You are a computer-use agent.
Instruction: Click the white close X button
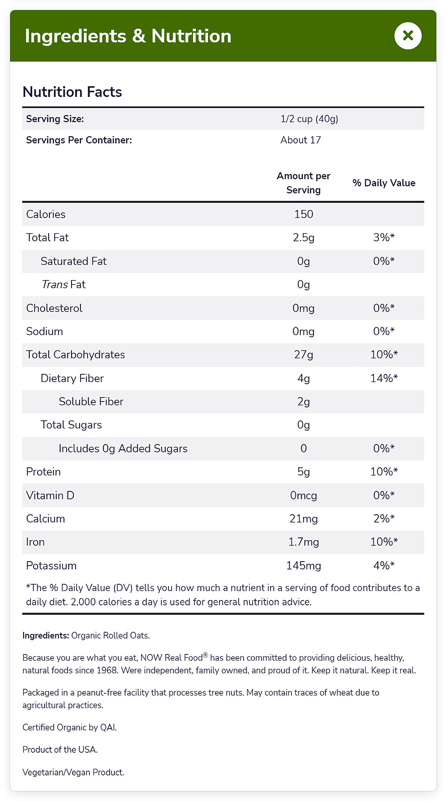point(408,36)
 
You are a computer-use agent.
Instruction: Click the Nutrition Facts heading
point(72,92)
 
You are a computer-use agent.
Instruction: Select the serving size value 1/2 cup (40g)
point(309,119)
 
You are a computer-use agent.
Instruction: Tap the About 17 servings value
point(300,140)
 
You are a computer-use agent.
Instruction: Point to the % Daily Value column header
point(384,183)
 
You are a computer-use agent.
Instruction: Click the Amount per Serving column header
point(304,183)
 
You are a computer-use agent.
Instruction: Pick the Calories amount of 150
point(304,214)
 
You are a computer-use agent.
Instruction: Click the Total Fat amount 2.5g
point(304,238)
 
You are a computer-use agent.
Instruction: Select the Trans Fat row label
point(63,285)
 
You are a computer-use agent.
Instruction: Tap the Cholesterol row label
point(54,308)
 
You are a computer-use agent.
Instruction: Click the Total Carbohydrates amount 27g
point(304,355)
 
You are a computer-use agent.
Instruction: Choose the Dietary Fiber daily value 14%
point(384,378)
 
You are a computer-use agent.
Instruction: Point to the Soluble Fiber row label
point(91,402)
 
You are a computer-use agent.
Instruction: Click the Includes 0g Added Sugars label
point(123,449)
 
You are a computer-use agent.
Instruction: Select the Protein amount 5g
point(304,472)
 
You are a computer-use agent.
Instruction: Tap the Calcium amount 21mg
point(304,519)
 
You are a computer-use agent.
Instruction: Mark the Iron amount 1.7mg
point(304,542)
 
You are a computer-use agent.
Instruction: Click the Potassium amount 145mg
point(304,566)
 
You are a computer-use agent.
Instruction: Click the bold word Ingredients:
point(46,635)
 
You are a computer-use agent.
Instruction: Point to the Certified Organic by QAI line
point(69,727)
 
